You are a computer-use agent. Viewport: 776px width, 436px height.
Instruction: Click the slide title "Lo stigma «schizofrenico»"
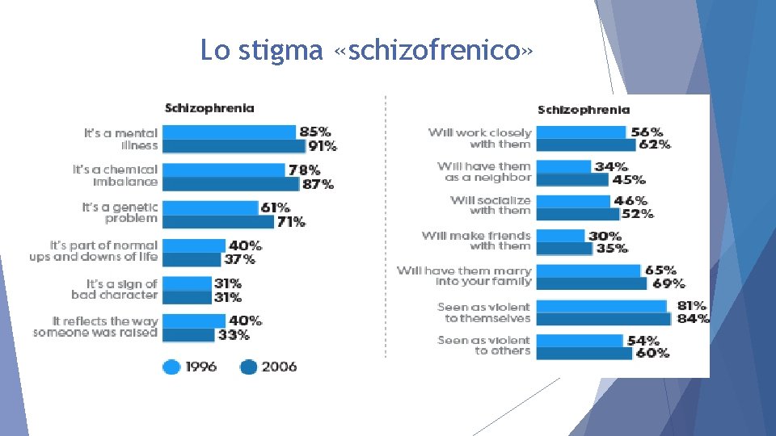(367, 51)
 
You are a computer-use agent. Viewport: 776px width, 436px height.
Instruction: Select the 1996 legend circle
(171, 367)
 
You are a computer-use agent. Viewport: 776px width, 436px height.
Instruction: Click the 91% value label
(322, 146)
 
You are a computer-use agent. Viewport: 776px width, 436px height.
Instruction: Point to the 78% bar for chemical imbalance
(224, 170)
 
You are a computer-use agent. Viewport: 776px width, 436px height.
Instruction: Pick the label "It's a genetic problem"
(120, 213)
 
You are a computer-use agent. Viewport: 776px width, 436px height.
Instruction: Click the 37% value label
(239, 259)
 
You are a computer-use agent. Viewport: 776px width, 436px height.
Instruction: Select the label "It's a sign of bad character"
(114, 289)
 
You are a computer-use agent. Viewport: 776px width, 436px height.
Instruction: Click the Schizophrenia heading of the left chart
(209, 107)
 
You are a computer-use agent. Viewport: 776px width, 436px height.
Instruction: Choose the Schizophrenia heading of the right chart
(583, 110)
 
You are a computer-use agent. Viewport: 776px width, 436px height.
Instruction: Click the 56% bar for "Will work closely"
(580, 132)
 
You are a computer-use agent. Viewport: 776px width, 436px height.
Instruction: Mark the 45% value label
(629, 179)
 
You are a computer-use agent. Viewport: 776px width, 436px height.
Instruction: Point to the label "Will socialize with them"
(491, 205)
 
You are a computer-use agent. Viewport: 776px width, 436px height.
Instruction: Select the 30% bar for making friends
(559, 236)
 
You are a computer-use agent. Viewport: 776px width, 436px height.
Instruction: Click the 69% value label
(668, 283)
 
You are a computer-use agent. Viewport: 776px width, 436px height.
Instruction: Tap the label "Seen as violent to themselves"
(483, 312)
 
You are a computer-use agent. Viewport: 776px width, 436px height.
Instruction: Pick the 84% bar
(603, 319)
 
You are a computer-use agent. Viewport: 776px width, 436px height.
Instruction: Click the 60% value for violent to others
(652, 353)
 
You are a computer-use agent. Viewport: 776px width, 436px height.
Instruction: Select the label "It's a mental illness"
(120, 139)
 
